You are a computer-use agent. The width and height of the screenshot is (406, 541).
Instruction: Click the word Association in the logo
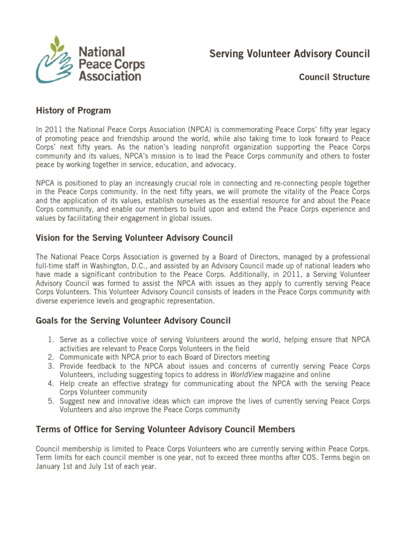click(110, 76)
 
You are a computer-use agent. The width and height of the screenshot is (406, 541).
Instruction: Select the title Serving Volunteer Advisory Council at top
click(289, 54)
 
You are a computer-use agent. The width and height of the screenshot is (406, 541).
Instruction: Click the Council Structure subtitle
click(334, 77)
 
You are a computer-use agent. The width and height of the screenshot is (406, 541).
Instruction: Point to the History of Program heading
click(73, 110)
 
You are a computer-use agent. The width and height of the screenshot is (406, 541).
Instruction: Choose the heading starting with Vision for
click(134, 238)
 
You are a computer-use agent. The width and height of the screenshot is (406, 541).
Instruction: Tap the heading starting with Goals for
click(133, 321)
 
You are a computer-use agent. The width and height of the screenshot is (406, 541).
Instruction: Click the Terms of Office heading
click(165, 429)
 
